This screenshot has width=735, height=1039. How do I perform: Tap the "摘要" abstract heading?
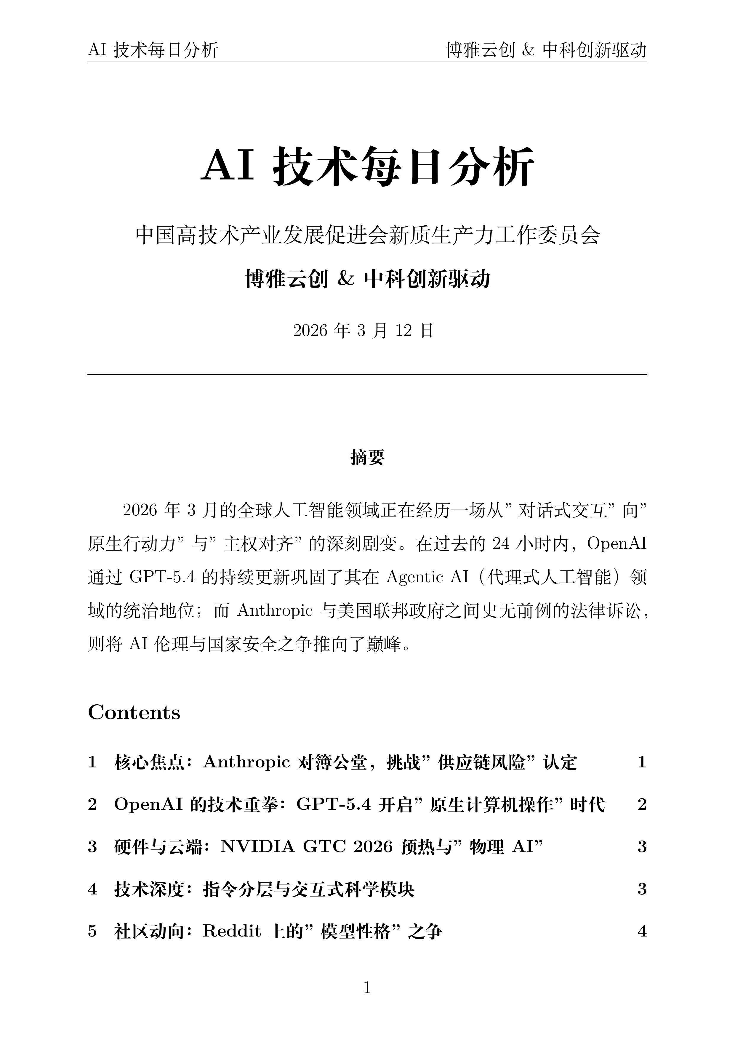click(x=367, y=457)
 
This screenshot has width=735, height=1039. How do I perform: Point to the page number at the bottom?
click(x=367, y=987)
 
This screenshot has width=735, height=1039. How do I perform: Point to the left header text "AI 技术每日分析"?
click(x=153, y=50)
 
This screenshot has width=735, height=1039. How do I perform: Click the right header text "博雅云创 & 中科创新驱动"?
click(x=546, y=50)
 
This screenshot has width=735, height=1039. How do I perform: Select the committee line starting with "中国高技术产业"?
click(x=367, y=235)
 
